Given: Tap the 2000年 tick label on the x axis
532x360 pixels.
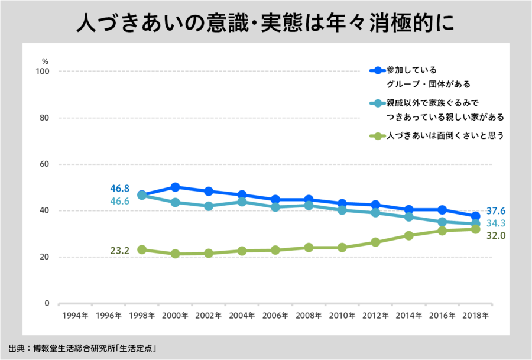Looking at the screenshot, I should tap(175, 316).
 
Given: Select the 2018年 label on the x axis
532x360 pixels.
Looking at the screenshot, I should tap(475, 316).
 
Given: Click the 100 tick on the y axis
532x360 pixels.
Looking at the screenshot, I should tap(43, 72).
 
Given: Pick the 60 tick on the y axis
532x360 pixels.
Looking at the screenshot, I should tap(44, 164).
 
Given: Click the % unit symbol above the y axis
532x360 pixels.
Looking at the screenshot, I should tap(45, 61).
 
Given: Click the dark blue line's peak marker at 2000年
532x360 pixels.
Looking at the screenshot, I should tap(175, 187).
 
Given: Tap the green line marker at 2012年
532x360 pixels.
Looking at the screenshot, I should tap(375, 242).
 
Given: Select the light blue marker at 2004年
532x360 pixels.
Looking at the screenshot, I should tap(242, 202).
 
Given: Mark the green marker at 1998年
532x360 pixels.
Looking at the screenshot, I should tap(142, 249).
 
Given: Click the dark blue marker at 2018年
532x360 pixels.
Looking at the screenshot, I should tap(475, 216).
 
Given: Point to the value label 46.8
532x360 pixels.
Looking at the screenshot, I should tap(120, 189).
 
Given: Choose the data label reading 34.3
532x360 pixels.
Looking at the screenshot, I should tap(496, 224).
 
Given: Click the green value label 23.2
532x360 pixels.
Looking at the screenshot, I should tap(120, 250).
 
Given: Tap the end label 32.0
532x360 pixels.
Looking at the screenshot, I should tap(496, 236).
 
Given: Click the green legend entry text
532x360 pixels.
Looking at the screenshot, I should tap(445, 136).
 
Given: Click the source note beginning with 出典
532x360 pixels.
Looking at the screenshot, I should tap(82, 348).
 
